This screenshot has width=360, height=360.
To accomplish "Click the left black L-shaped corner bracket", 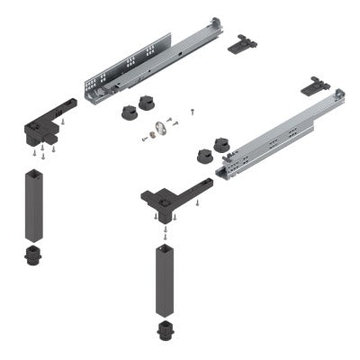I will click(x=45, y=126).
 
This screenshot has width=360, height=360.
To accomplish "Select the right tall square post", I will click(x=166, y=279).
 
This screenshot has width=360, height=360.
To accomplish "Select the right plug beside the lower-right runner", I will click(x=220, y=144).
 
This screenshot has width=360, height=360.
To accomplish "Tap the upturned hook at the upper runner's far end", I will click(x=214, y=21).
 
